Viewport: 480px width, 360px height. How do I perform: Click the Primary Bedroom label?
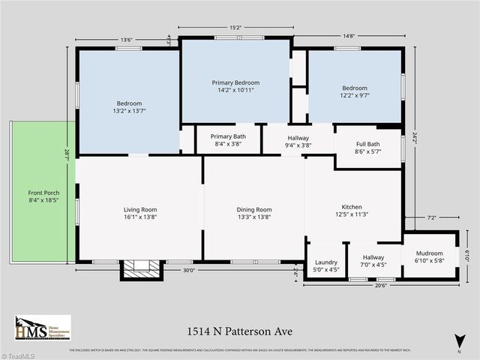(235, 86)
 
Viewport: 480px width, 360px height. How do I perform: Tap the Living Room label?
(140, 213)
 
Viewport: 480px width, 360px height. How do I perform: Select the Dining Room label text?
(253, 213)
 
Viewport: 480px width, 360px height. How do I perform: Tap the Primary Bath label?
(228, 140)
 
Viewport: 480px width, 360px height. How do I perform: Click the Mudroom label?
(428, 257)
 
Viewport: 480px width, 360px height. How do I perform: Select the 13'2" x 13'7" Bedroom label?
(129, 107)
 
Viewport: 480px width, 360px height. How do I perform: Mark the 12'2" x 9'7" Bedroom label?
(355, 91)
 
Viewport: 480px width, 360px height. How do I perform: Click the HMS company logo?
(42, 328)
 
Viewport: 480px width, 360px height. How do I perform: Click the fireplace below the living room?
(141, 269)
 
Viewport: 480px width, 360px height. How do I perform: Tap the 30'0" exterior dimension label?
(188, 271)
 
